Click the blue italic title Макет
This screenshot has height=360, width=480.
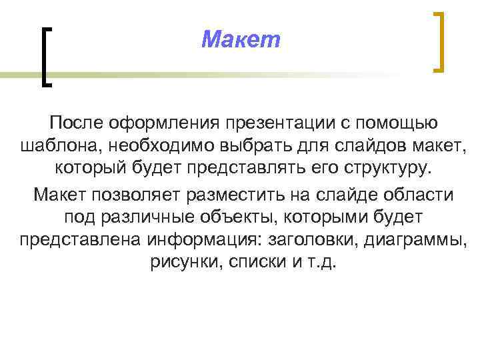pyautogui.click(x=241, y=41)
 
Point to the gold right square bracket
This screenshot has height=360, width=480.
pyautogui.click(x=438, y=41)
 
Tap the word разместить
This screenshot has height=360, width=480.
pyautogui.click(x=233, y=195)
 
